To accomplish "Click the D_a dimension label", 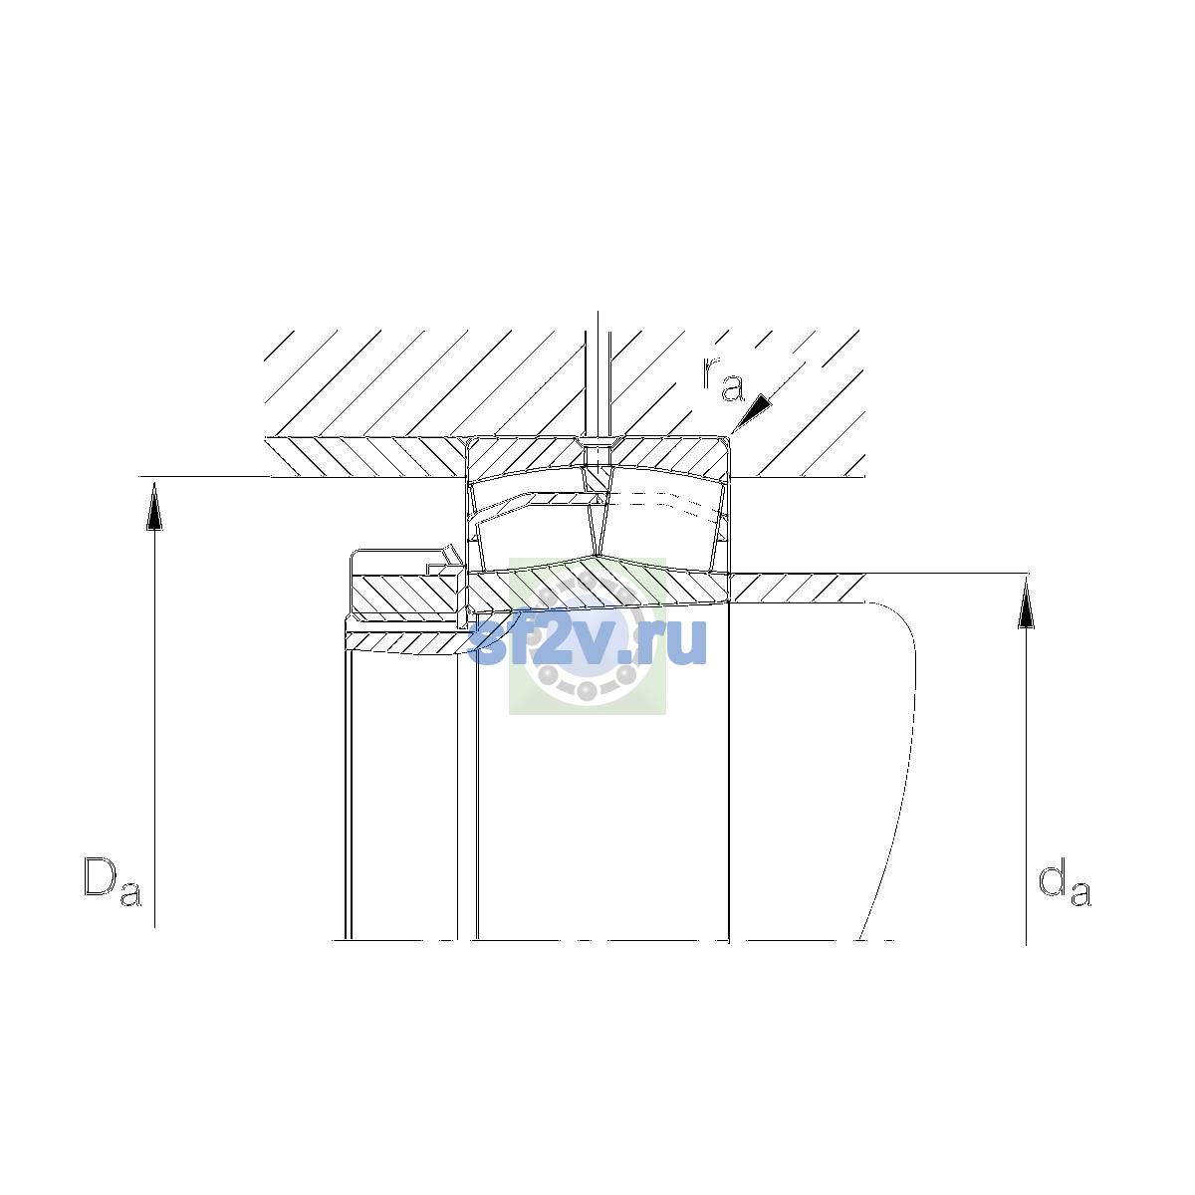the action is [113, 881].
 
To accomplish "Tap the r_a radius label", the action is [723, 378].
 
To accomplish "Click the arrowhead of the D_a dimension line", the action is [154, 507].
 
